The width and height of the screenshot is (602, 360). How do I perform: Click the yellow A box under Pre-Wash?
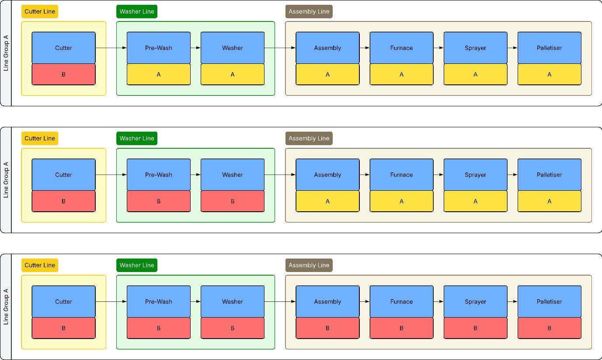[x=159, y=74]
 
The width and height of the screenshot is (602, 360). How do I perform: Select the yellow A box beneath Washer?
[x=233, y=74]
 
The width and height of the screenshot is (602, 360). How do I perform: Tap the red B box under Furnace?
[x=401, y=328]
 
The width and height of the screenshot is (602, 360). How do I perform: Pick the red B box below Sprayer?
[x=475, y=328]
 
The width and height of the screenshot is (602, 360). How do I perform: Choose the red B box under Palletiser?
[x=550, y=328]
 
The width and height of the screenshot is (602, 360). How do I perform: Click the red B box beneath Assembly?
[x=327, y=328]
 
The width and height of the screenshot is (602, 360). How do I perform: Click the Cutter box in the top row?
[x=64, y=48]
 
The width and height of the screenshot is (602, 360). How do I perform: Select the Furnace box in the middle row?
[x=401, y=175]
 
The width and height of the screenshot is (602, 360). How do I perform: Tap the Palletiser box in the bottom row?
[x=550, y=302]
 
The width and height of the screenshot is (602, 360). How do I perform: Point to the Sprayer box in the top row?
[x=475, y=48]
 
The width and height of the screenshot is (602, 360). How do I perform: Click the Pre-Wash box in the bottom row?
[x=159, y=302]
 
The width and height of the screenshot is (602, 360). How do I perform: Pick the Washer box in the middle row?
[x=233, y=175]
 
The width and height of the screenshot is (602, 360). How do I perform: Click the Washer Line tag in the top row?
[x=137, y=11]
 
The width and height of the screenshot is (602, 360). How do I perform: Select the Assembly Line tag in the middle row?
[x=309, y=139]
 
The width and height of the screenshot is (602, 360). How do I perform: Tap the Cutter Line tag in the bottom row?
[x=40, y=266]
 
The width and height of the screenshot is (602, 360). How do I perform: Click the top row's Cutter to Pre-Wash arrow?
[x=111, y=48]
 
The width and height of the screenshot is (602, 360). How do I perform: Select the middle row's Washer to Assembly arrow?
[x=280, y=175]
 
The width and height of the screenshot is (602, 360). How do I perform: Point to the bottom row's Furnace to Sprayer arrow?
[x=438, y=302]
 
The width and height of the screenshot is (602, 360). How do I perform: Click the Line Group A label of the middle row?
[x=6, y=180]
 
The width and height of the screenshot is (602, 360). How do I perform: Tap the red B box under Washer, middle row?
[x=233, y=201]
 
